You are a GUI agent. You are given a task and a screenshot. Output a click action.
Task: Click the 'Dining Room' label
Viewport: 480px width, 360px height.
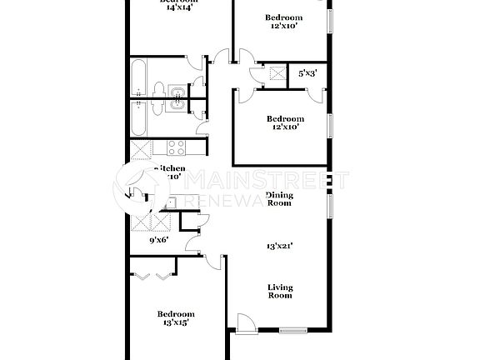click(x=279, y=199)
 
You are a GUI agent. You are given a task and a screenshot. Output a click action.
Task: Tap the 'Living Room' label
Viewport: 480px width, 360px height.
click(x=280, y=292)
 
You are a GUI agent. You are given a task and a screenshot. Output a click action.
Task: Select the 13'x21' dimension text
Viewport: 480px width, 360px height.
click(x=279, y=246)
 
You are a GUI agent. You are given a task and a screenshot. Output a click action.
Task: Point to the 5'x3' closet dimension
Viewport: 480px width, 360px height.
click(x=307, y=74)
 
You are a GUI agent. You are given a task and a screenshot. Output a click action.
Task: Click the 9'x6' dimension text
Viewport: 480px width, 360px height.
click(x=158, y=240)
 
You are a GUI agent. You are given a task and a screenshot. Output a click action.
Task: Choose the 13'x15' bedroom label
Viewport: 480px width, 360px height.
click(x=176, y=319)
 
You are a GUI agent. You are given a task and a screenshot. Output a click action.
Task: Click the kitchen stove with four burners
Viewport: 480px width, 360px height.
click(x=176, y=148)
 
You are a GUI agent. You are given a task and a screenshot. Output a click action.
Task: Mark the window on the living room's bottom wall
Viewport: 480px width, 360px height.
click(x=293, y=332)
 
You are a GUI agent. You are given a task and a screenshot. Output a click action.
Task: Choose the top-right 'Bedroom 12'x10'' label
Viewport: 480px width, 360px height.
click(x=283, y=22)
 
